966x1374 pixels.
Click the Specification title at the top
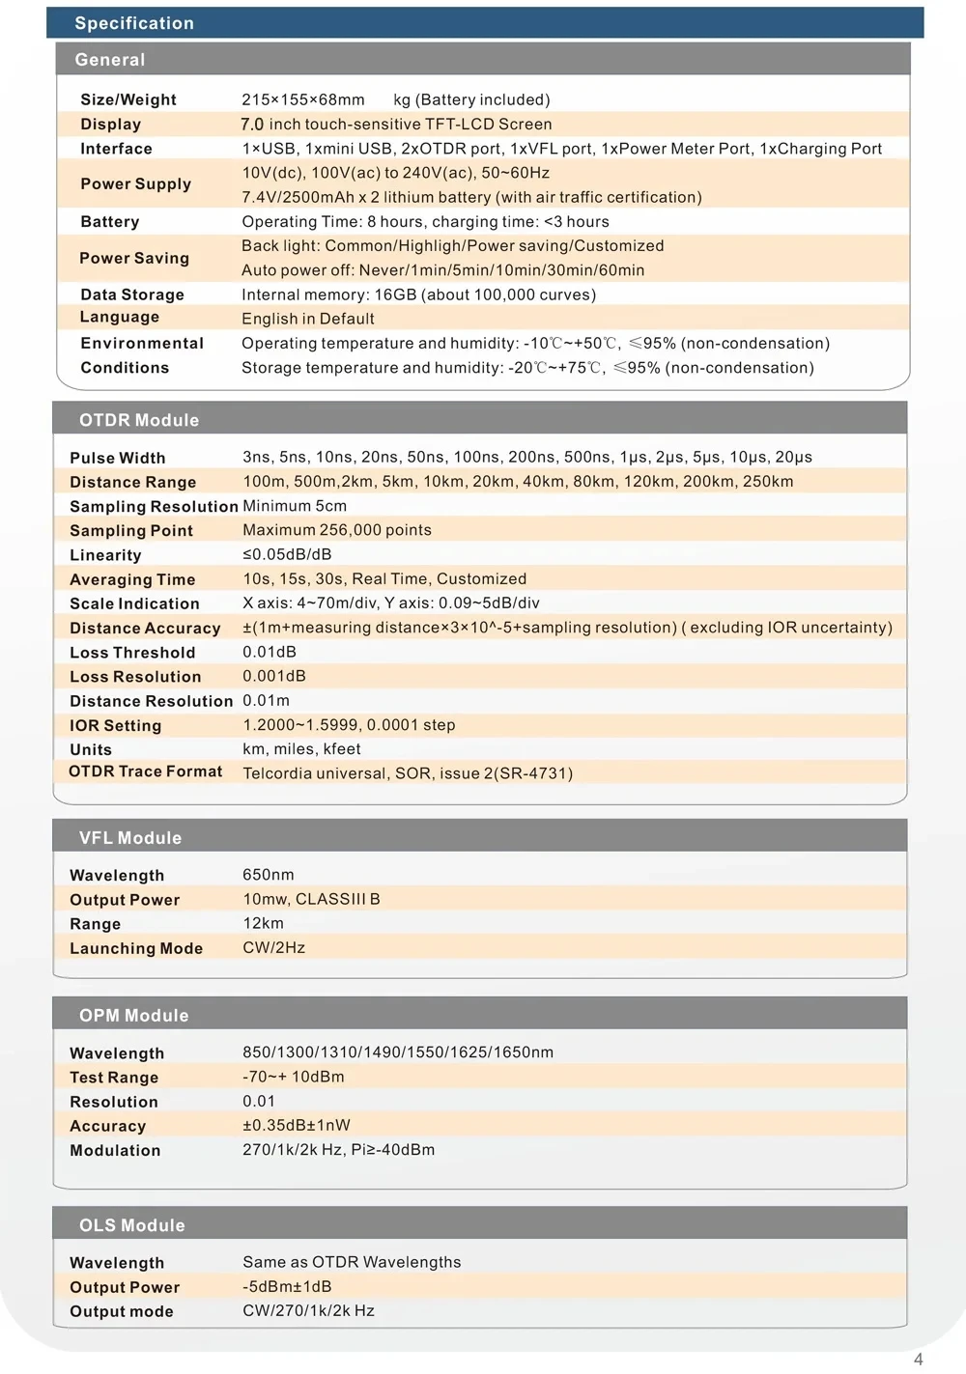[x=134, y=23]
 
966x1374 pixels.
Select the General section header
[x=110, y=60]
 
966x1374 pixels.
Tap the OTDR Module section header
[x=139, y=420]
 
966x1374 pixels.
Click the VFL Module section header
[x=130, y=838]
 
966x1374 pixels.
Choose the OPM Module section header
[x=134, y=1016]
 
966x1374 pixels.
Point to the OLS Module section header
[x=132, y=1225]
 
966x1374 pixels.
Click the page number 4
[x=918, y=1360]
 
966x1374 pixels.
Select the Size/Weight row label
[x=128, y=99]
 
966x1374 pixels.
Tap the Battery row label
[x=110, y=222]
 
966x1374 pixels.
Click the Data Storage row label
[x=132, y=294]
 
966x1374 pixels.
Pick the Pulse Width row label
[x=118, y=458]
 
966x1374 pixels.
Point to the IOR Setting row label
[x=116, y=725]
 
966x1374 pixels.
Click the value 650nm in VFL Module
[x=269, y=875]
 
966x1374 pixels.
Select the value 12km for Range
[x=264, y=923]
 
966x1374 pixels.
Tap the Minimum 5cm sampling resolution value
[x=295, y=506]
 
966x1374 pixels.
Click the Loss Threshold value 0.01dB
[x=270, y=652]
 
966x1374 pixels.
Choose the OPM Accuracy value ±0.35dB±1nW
[x=297, y=1125]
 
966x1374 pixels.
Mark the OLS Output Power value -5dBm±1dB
[x=287, y=1286]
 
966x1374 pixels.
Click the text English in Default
[x=308, y=319]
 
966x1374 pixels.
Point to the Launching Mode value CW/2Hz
[x=274, y=947]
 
